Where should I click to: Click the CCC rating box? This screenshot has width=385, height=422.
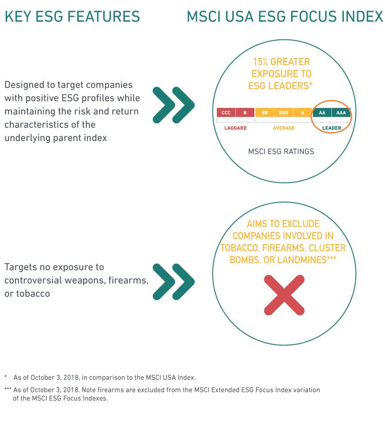(226, 113)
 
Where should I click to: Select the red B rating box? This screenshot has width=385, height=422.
(245, 113)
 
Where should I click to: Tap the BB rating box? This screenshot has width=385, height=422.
(265, 113)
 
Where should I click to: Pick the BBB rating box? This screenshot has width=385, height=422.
(284, 113)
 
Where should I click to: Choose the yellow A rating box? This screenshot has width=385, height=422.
(303, 113)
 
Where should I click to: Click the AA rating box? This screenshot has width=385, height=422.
(322, 113)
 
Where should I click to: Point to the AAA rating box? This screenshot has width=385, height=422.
(341, 113)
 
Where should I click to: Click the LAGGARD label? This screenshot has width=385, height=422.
(235, 128)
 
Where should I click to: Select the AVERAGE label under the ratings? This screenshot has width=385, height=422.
(284, 128)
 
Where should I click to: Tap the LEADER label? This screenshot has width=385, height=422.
(331, 128)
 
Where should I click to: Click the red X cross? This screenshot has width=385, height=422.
(284, 295)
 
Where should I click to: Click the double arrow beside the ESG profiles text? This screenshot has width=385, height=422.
(173, 104)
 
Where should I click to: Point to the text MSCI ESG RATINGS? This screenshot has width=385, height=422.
(281, 152)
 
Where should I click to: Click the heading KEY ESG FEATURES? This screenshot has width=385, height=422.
(72, 17)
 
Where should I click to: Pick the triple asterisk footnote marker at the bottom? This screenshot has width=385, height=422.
(8, 390)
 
